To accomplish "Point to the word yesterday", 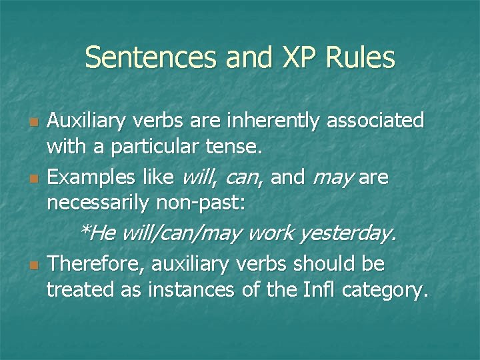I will [x=348, y=233].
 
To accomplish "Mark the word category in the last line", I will [x=391, y=291].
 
